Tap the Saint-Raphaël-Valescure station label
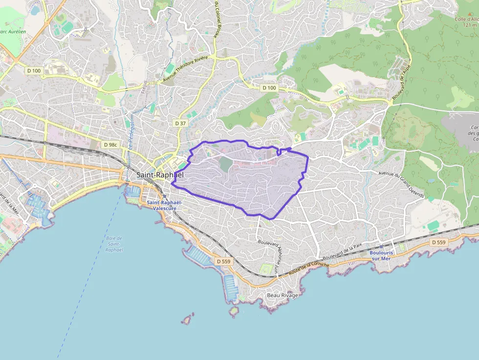pyautogui.click(x=164, y=205)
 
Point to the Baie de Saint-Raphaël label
pyautogui.click(x=114, y=244)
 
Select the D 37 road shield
pyautogui.click(x=181, y=124)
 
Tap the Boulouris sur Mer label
pyautogui.click(x=380, y=255)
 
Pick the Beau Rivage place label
pyautogui.click(x=282, y=296)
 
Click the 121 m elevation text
pyautogui.click(x=469, y=25)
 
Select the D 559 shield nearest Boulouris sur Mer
pyautogui.click(x=439, y=242)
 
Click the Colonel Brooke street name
pyautogui.click(x=216, y=19)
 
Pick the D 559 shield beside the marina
pyautogui.click(x=223, y=261)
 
